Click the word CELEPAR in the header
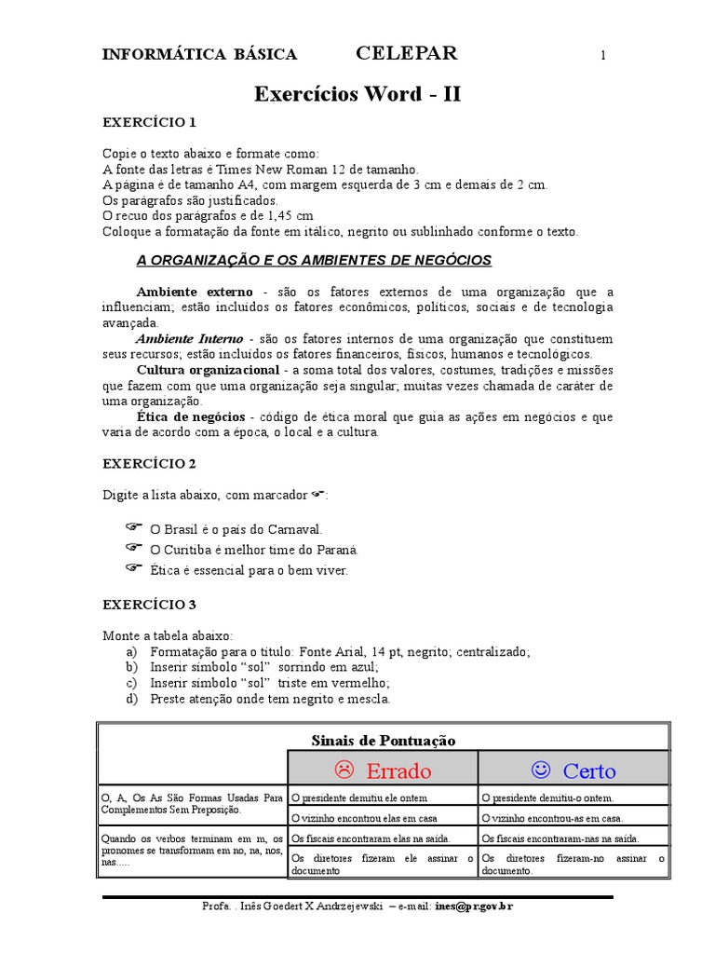click(x=407, y=53)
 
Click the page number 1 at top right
click(x=603, y=56)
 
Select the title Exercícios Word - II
click(x=357, y=94)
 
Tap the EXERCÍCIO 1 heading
click(x=149, y=122)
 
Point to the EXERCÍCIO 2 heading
click(x=149, y=463)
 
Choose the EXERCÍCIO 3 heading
click(x=149, y=604)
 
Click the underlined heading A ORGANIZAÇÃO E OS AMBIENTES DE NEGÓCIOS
click(x=314, y=259)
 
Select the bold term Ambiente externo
click(x=195, y=292)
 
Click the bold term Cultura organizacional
click(x=209, y=370)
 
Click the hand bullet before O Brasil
click(x=132, y=527)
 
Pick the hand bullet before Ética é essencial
click(x=132, y=567)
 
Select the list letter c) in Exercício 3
click(x=131, y=683)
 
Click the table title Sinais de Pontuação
click(x=384, y=740)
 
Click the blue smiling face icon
click(x=540, y=770)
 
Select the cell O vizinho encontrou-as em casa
click(x=552, y=818)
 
